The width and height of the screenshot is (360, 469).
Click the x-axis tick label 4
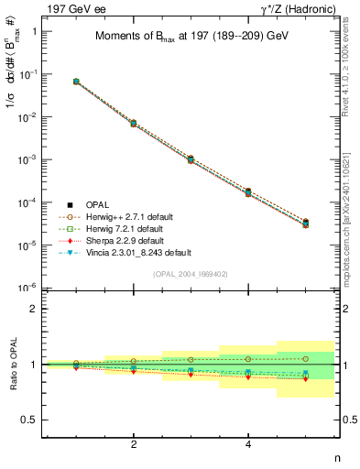248,444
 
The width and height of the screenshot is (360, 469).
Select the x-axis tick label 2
135,444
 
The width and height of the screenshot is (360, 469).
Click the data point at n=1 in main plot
76,82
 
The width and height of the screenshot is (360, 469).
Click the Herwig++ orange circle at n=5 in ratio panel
305,358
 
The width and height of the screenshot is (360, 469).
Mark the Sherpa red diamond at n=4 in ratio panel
248,377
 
